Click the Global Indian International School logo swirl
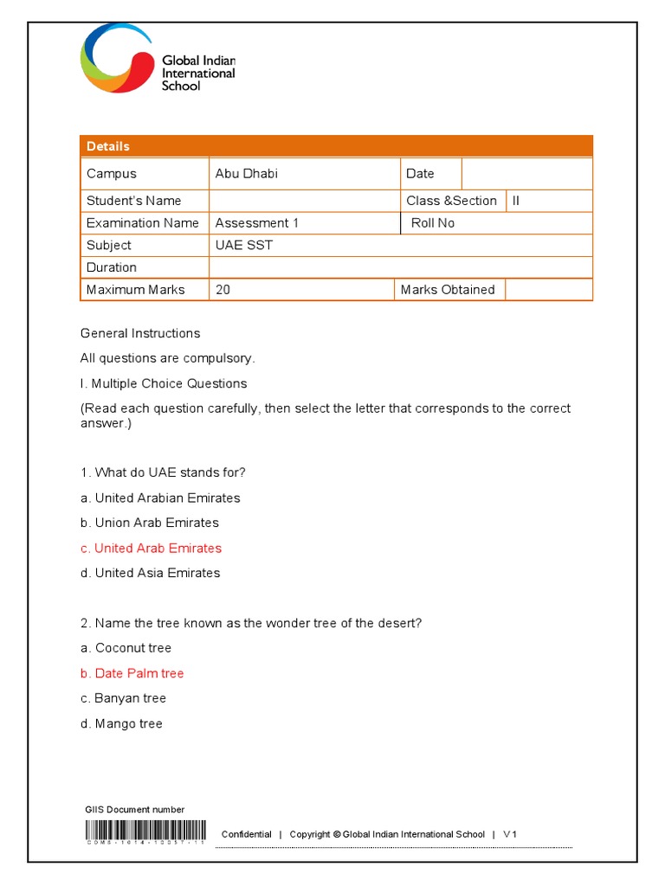[x=116, y=58]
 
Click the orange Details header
[x=336, y=146]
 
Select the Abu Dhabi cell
[x=247, y=174]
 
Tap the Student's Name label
[x=133, y=201]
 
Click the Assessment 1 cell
[x=257, y=223]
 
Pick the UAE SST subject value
[x=244, y=246]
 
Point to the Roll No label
[x=432, y=223]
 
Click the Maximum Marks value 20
[x=223, y=290]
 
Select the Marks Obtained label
[x=448, y=290]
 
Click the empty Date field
[x=526, y=174]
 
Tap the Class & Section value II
[x=516, y=201]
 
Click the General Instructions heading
[x=140, y=334]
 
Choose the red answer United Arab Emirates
[x=151, y=549]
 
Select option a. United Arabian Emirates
[x=160, y=498]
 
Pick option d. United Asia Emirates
[x=150, y=574]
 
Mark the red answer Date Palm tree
[x=132, y=674]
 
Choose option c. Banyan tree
[x=123, y=699]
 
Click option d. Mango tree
[x=121, y=724]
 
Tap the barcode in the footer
[x=145, y=831]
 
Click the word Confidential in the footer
[x=246, y=835]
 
